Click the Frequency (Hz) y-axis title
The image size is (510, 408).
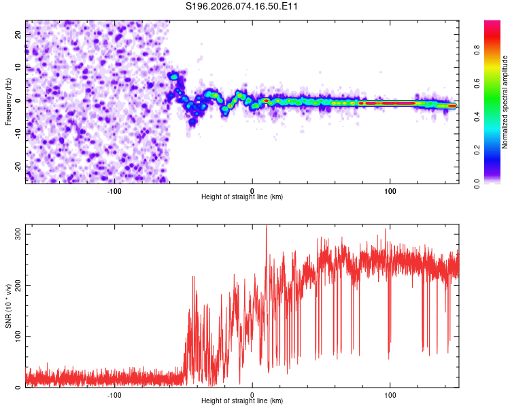[8, 102]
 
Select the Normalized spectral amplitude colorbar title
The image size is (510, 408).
[505, 102]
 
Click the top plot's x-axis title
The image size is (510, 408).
[242, 197]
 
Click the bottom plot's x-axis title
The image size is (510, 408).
[242, 401]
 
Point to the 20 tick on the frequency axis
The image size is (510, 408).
[19, 34]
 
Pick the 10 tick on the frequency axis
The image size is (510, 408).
[19, 67]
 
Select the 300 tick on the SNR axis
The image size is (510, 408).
[19, 233]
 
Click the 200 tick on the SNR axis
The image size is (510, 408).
[19, 285]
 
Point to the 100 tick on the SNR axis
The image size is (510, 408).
[19, 337]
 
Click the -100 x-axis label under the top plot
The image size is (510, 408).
[114, 190]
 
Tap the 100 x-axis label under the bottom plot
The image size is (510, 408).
[390, 394]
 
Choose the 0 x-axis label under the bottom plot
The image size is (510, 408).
[252, 394]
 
